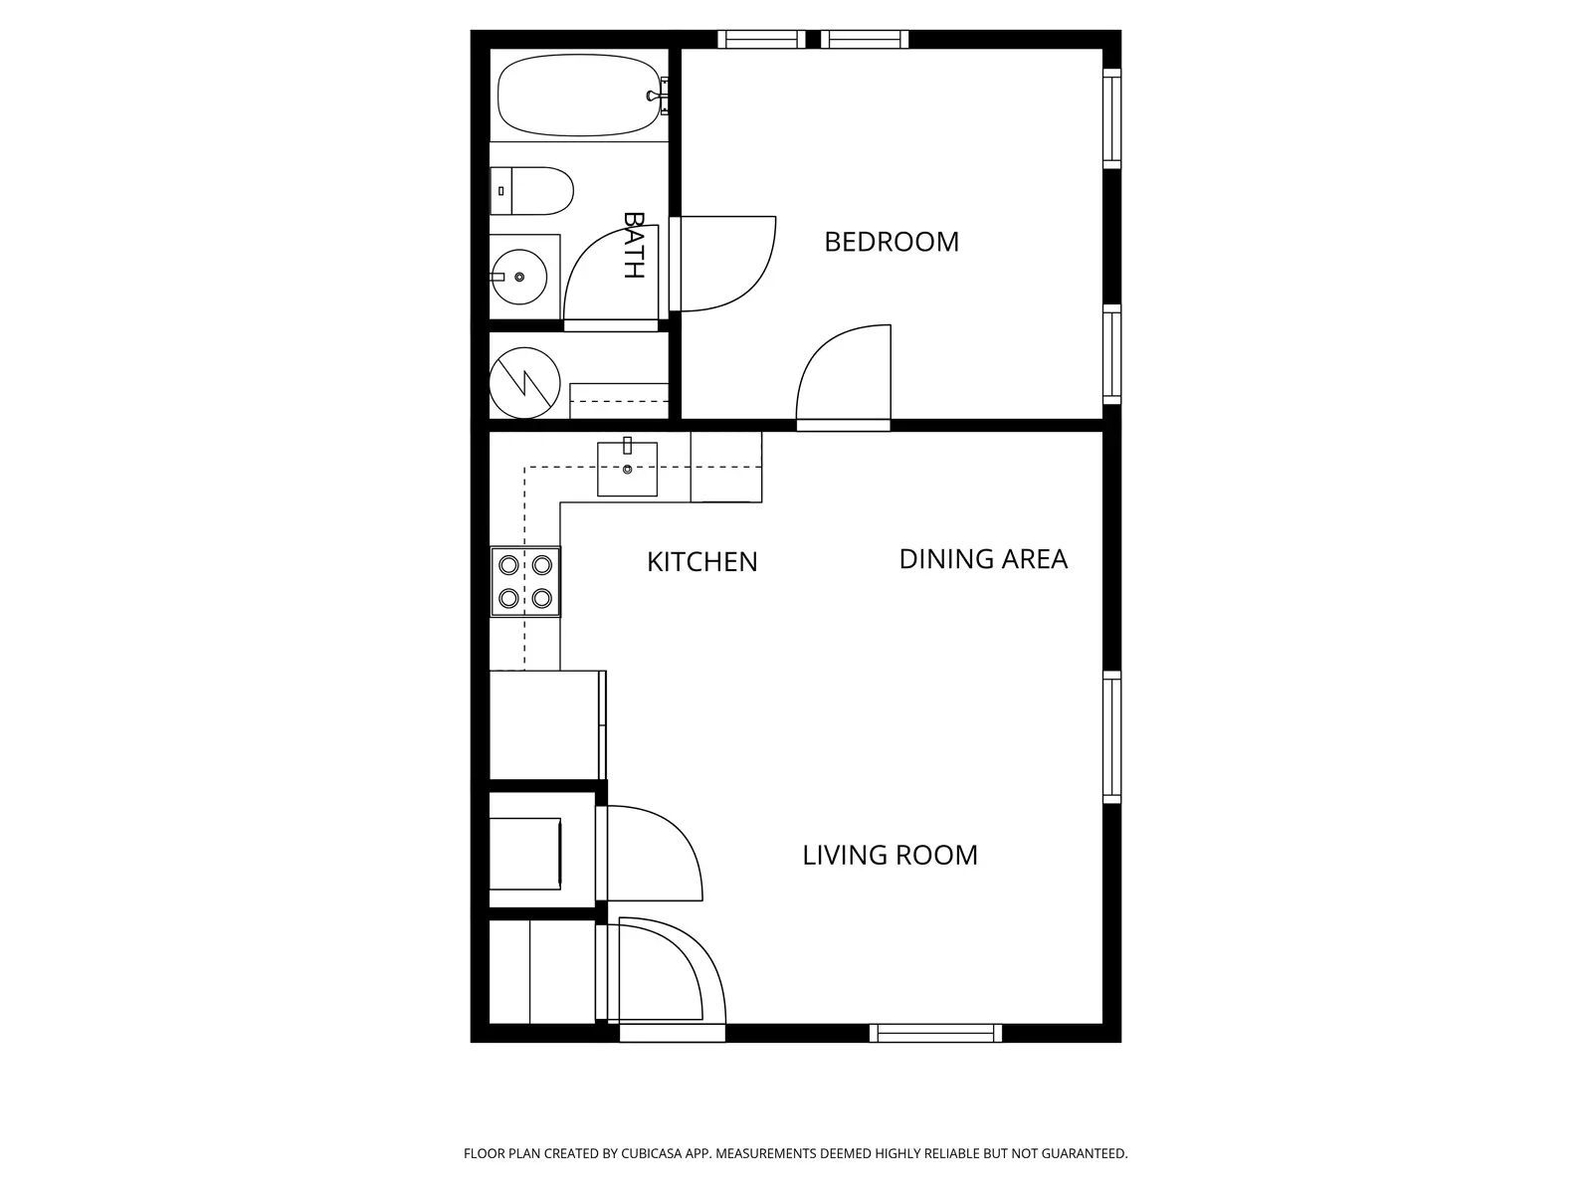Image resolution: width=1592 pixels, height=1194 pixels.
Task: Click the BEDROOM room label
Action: tap(892, 242)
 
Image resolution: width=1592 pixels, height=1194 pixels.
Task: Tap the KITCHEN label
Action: tap(702, 562)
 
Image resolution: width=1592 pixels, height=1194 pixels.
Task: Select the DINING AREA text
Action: tap(983, 559)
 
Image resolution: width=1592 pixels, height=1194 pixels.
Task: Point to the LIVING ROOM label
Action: tap(890, 856)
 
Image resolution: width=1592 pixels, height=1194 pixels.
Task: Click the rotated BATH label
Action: tap(634, 245)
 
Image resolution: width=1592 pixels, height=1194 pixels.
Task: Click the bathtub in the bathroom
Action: tap(579, 95)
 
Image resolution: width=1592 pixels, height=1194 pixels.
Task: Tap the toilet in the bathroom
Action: tap(531, 191)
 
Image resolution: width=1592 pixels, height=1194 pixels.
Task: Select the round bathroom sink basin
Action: tap(519, 277)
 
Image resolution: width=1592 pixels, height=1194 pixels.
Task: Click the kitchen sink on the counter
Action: tap(628, 469)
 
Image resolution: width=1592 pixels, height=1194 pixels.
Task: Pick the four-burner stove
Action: tap(525, 581)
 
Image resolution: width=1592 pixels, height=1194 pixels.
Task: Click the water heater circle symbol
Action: tap(524, 383)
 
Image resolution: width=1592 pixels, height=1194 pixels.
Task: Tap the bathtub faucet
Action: tap(658, 96)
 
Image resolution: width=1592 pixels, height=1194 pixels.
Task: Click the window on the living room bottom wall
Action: tap(935, 1033)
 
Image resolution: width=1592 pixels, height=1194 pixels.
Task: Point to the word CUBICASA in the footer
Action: tap(652, 1153)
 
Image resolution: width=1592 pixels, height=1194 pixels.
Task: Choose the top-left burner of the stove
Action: tap(508, 565)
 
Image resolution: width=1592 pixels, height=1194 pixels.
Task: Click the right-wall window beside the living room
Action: tap(1111, 737)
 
